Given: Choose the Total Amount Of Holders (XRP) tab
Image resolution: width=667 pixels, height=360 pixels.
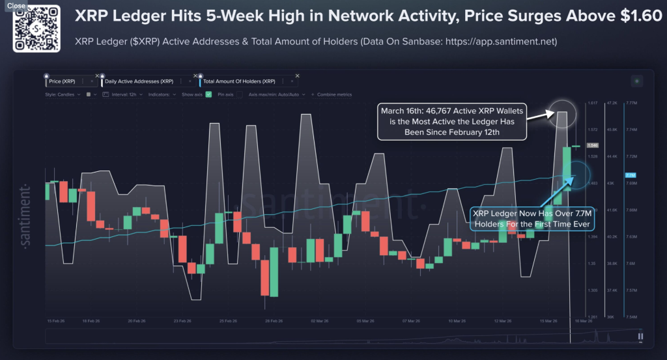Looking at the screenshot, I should (x=238, y=81).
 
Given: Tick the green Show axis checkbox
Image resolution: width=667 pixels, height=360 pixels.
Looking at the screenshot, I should (x=208, y=94).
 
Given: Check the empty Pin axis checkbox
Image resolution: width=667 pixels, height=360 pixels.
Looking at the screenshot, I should (x=238, y=94).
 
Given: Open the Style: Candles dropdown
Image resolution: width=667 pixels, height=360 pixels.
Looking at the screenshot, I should (x=63, y=94).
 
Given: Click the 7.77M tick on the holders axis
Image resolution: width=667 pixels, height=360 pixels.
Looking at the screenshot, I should (x=631, y=103).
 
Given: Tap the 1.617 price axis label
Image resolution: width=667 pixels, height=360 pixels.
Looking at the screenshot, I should (x=592, y=103).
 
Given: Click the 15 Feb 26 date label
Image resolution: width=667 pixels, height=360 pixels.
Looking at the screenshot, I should (x=55, y=321).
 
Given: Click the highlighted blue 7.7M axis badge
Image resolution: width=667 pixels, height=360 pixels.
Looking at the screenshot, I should (x=630, y=175).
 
